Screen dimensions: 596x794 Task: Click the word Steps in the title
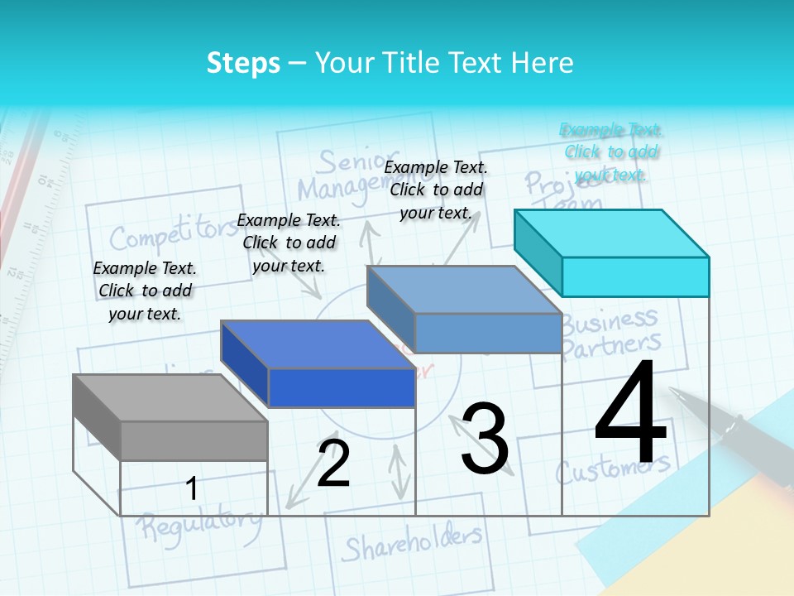click(x=243, y=63)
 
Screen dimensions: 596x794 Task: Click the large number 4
click(x=630, y=414)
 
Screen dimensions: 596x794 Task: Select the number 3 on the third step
click(x=485, y=439)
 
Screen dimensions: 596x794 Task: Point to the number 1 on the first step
click(x=192, y=488)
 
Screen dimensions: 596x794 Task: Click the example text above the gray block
click(x=145, y=291)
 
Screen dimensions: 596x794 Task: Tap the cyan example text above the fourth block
click(x=611, y=151)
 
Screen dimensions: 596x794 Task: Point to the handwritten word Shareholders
click(x=412, y=543)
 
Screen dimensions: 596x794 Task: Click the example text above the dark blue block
click(x=289, y=243)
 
